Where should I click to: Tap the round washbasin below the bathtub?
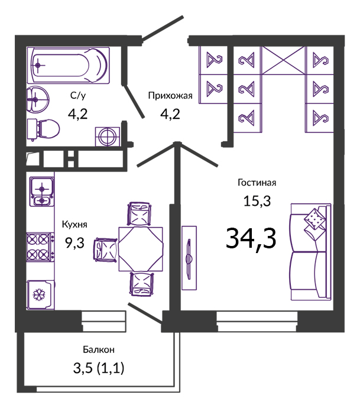click(x=38, y=99)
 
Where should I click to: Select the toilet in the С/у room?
click(x=43, y=129)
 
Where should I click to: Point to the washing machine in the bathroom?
click(x=108, y=137)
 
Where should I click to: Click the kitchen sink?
click(x=41, y=192)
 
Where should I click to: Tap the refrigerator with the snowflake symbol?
click(x=41, y=295)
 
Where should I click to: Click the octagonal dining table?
click(x=141, y=249)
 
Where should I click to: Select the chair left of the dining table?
click(x=106, y=250)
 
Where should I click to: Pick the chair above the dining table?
click(x=140, y=214)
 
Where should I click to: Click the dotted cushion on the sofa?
click(x=315, y=218)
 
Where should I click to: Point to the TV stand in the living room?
click(x=189, y=258)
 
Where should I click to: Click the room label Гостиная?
click(x=257, y=183)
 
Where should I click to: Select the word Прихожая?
click(x=170, y=96)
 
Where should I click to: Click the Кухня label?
click(x=74, y=224)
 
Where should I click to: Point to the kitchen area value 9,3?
click(x=75, y=243)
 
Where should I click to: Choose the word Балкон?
click(x=99, y=349)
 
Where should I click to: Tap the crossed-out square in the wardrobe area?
click(x=284, y=60)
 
